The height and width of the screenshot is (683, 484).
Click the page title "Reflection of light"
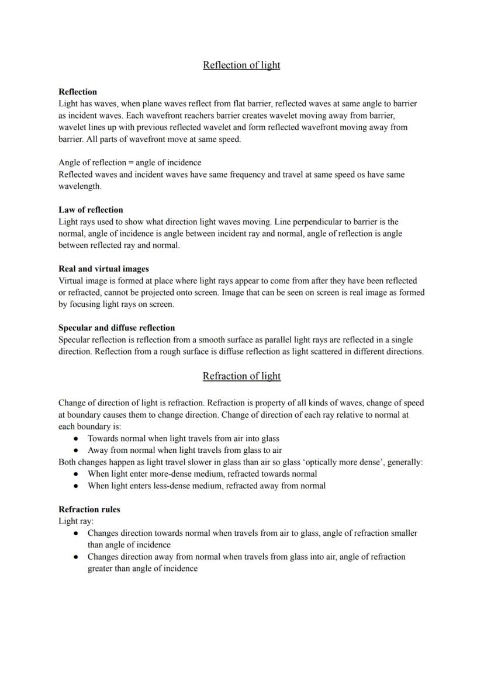(x=241, y=65)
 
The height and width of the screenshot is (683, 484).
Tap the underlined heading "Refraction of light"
(x=241, y=376)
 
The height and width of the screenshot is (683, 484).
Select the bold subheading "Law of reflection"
(x=91, y=210)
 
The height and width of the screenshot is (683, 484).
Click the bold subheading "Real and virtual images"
(x=103, y=269)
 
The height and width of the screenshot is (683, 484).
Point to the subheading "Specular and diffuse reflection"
(x=116, y=328)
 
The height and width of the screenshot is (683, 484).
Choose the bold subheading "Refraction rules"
(x=89, y=509)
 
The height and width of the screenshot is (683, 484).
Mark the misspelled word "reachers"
(x=183, y=115)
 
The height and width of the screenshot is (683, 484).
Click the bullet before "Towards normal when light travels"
(x=76, y=439)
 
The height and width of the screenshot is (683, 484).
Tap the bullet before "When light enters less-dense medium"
(x=76, y=486)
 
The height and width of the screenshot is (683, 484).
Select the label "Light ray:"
(x=76, y=521)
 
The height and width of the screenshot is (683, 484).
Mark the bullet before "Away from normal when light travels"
(x=76, y=450)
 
